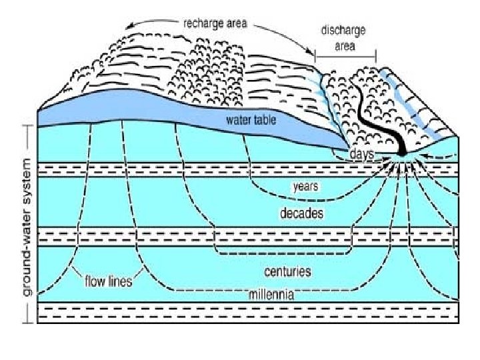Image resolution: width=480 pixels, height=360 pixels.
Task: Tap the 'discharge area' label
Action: pyautogui.click(x=343, y=39)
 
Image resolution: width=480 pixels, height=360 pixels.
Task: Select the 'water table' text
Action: pyautogui.click(x=250, y=121)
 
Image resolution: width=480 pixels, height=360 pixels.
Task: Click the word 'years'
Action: pyautogui.click(x=305, y=187)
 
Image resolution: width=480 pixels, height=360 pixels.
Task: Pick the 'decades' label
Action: pyautogui.click(x=301, y=214)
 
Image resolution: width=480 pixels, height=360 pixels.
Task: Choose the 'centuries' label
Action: pyautogui.click(x=287, y=272)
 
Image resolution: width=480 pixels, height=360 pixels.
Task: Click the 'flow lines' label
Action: pyautogui.click(x=108, y=281)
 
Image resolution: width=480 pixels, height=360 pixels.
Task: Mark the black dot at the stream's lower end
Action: pyautogui.click(x=402, y=154)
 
